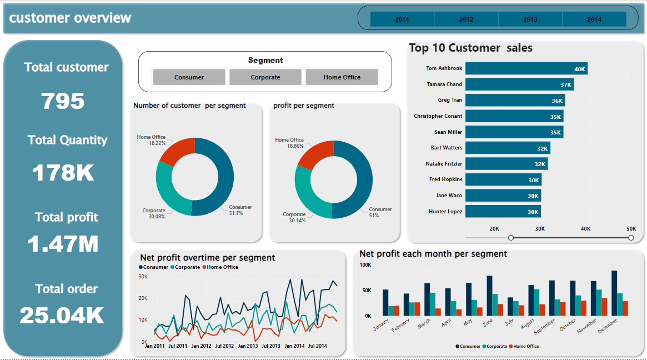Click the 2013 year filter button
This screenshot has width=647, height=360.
point(530,19)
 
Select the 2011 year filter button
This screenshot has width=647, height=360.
point(402,19)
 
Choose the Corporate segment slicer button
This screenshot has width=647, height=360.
point(265,77)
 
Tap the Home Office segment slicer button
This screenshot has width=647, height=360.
point(342,77)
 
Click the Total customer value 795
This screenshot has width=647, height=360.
point(63,101)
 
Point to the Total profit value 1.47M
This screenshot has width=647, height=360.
point(63,244)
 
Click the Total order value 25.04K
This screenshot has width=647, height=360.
point(62,316)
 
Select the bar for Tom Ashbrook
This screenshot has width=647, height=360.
point(526,68)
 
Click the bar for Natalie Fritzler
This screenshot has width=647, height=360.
point(506,164)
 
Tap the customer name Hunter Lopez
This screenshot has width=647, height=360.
point(445,212)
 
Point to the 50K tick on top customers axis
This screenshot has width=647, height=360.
point(631,228)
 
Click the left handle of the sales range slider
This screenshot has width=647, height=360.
point(511,238)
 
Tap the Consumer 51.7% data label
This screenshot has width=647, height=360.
point(240,210)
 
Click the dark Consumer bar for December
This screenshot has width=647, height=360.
point(614,293)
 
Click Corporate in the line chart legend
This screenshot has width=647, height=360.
point(187,267)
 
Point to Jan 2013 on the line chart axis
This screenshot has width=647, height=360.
point(248,346)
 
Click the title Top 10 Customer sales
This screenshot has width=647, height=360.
point(470,48)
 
